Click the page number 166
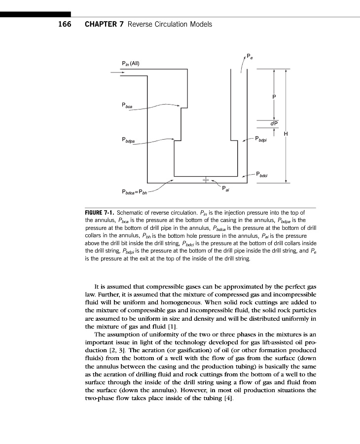tap(65, 24)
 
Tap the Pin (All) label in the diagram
tap(131, 64)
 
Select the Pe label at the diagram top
tap(250, 56)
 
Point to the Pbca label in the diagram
tap(127, 106)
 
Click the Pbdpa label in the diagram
tap(128, 140)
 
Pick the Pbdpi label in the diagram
tap(261, 139)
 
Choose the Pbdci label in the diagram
tap(262, 174)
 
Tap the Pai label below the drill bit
tap(225, 188)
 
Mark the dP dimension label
tap(274, 123)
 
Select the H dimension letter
tap(286, 134)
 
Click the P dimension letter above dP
tap(274, 97)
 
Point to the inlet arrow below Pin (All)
tap(117, 73)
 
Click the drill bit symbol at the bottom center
tap(206, 180)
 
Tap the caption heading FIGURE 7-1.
tap(100, 213)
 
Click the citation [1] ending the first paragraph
tap(173, 327)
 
